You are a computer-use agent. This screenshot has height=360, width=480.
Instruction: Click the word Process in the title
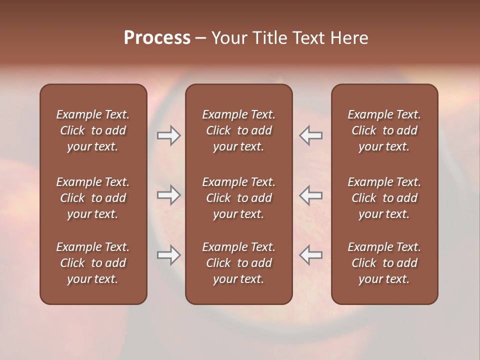[157, 38]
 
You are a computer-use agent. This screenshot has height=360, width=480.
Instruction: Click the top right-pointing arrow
[168, 135]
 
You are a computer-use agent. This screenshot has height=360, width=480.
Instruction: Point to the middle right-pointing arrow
[168, 195]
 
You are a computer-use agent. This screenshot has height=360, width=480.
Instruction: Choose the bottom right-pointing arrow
[168, 255]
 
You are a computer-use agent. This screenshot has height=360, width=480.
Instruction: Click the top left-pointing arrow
[311, 135]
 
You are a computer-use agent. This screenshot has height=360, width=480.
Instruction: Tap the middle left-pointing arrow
[311, 195]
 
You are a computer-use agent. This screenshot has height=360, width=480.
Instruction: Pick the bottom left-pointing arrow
[311, 255]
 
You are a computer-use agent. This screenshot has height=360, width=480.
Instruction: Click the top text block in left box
[93, 130]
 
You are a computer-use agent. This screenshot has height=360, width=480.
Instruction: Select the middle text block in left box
[93, 198]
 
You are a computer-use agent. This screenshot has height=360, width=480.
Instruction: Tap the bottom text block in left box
[93, 263]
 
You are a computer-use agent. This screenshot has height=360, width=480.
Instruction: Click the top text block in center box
[239, 130]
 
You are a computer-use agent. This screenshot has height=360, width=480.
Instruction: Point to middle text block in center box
[239, 198]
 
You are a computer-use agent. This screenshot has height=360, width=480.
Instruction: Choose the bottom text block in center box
[239, 263]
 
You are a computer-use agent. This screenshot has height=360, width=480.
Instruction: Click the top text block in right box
[384, 130]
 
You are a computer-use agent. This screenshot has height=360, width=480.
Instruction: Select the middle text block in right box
[384, 198]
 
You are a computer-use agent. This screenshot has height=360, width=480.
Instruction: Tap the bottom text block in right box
[384, 263]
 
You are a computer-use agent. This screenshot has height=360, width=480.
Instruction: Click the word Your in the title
[229, 38]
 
